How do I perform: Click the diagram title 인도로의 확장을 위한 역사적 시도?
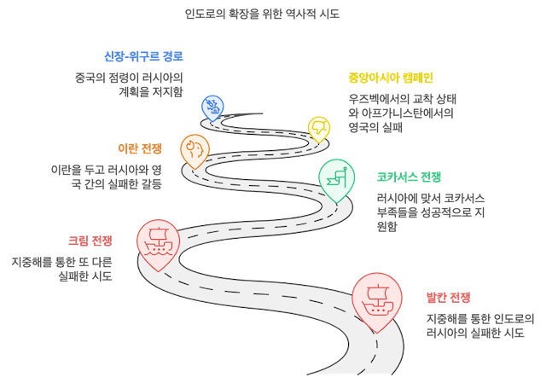click(x=262, y=14)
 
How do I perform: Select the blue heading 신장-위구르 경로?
click(x=143, y=56)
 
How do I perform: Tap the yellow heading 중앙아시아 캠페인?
click(x=391, y=78)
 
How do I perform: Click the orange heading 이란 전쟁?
click(x=140, y=148)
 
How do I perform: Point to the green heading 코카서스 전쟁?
click(x=409, y=177)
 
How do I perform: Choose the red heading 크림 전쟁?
click(x=90, y=241)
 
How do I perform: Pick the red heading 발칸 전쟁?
click(x=449, y=298)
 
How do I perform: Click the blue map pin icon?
click(x=212, y=108)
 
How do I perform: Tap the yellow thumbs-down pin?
click(x=319, y=129)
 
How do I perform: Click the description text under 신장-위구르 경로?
click(x=129, y=84)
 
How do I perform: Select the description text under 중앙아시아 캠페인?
click(x=402, y=113)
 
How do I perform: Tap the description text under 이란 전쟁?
click(x=106, y=177)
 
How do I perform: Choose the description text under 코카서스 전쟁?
click(x=431, y=212)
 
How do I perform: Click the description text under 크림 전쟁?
click(x=62, y=270)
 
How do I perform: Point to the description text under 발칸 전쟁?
click(x=480, y=326)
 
